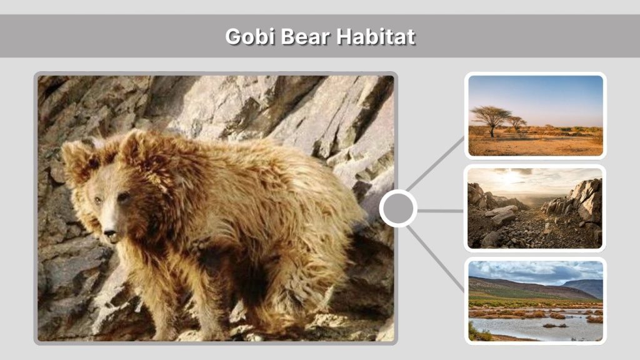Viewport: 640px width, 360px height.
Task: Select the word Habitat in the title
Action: point(376,36)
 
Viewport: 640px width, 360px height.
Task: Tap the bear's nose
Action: point(110,236)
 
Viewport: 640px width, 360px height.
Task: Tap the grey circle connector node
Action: point(398,209)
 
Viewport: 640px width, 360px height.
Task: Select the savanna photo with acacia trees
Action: point(536,116)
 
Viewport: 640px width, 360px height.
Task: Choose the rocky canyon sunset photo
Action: point(536,207)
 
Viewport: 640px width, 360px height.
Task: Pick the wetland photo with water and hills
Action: point(536,301)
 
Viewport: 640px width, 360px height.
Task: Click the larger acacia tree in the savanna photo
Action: point(491,117)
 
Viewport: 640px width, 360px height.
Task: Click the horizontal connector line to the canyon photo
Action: point(441,211)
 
